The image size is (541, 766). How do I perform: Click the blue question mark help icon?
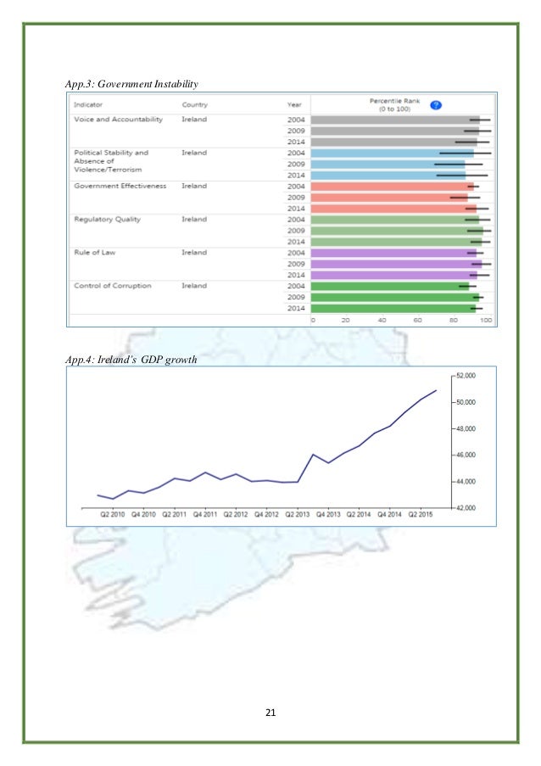[x=435, y=104]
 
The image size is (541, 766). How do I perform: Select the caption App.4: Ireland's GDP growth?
[x=131, y=359]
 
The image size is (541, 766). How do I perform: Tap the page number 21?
[x=270, y=712]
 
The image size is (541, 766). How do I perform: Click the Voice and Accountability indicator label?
[x=118, y=120]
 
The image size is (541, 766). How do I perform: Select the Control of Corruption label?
[x=113, y=286]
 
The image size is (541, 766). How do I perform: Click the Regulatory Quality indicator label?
[x=107, y=219]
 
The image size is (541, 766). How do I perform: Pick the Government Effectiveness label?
[x=120, y=186]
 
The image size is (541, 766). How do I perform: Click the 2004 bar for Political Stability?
[x=393, y=153]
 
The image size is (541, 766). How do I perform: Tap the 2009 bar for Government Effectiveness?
[x=389, y=197]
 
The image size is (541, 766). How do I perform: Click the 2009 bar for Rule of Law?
[x=396, y=264]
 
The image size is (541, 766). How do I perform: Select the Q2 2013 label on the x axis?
[x=298, y=514]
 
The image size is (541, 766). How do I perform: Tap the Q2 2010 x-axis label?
[x=113, y=514]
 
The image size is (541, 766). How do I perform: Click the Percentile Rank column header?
[x=394, y=104]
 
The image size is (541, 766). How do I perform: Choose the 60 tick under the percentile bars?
[x=417, y=321]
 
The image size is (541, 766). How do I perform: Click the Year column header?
[x=293, y=105]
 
